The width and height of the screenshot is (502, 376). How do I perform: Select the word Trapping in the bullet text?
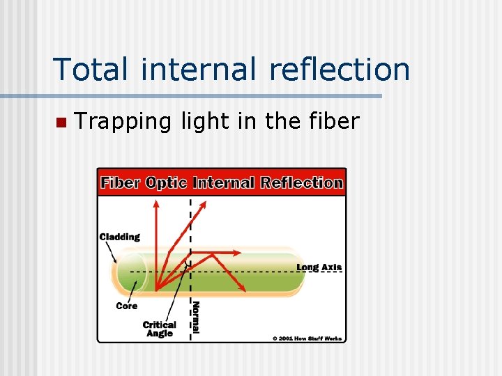click(x=122, y=122)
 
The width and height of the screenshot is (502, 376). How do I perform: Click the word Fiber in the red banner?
click(x=121, y=183)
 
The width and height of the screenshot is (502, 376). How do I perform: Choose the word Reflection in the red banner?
click(x=302, y=183)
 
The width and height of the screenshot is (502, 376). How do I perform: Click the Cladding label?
click(x=120, y=237)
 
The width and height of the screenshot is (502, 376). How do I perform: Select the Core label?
click(x=127, y=306)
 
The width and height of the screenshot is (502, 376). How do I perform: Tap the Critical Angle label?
click(x=160, y=329)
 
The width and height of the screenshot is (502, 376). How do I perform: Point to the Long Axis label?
click(x=319, y=267)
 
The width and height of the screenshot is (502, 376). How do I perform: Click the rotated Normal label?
click(x=197, y=318)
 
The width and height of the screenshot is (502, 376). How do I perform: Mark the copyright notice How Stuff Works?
click(x=307, y=338)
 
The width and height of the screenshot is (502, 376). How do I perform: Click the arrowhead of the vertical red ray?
click(x=156, y=203)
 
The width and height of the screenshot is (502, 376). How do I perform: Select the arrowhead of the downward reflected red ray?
click(x=242, y=287)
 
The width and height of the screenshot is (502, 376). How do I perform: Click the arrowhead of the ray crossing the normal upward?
click(x=204, y=204)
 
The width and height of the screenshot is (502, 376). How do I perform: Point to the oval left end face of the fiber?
click(x=132, y=272)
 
